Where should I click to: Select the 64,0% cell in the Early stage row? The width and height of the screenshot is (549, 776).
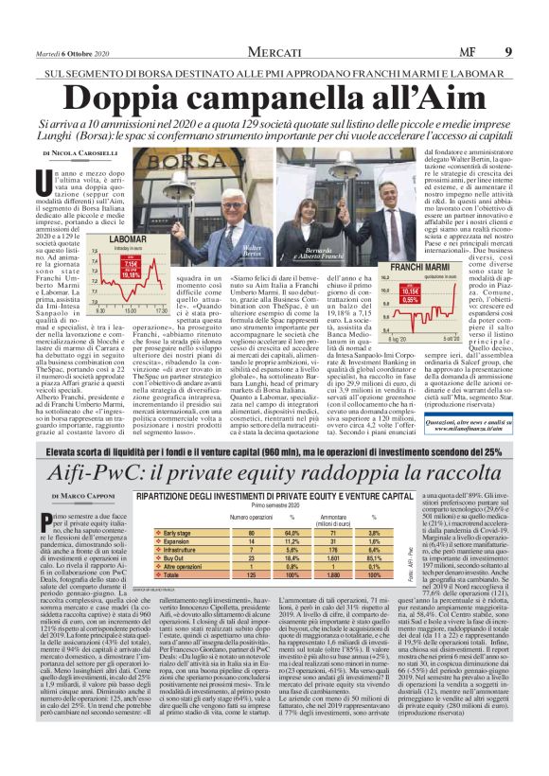point(293,532)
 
